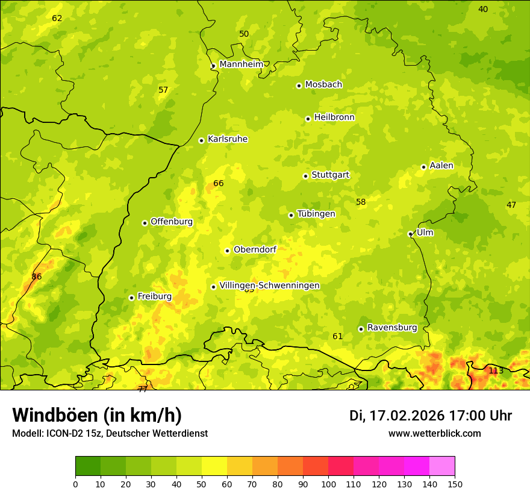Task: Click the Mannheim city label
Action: (x=241, y=64)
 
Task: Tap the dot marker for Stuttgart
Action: (x=305, y=176)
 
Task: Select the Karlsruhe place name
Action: (x=227, y=139)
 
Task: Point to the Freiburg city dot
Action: (x=131, y=298)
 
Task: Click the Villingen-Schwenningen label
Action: (x=269, y=286)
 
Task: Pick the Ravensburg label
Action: (x=391, y=328)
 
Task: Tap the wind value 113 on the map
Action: (x=496, y=370)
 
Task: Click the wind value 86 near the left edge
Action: (x=37, y=277)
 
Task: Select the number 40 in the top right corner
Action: (x=483, y=9)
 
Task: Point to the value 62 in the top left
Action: (x=57, y=18)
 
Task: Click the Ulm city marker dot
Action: (x=410, y=234)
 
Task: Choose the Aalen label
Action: (x=441, y=166)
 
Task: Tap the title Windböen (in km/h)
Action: (x=97, y=415)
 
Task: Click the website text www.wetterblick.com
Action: (x=434, y=434)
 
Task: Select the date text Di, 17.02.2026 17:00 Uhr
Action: (x=431, y=416)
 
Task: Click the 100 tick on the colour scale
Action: (x=328, y=484)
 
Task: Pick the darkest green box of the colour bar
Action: (x=88, y=466)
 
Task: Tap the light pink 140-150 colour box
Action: (x=442, y=466)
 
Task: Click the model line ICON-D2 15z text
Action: (x=110, y=434)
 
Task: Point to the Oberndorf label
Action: (x=254, y=249)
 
